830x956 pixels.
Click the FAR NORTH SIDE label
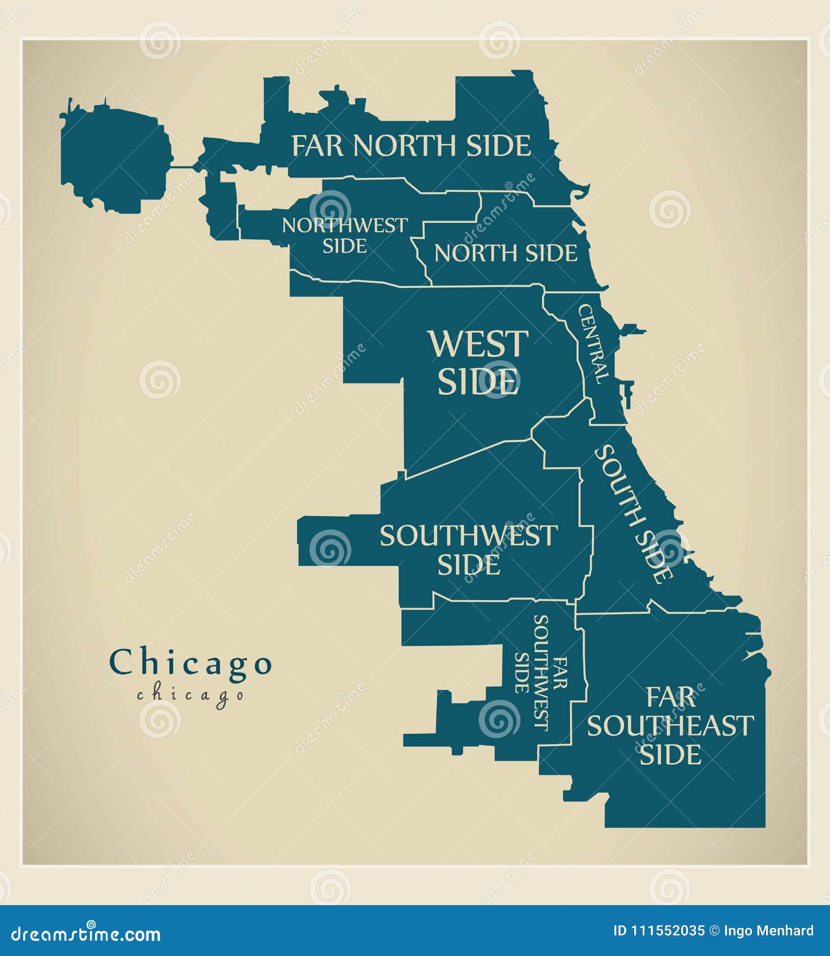(x=411, y=146)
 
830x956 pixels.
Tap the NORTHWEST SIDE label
(x=345, y=235)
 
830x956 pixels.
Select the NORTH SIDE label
(x=505, y=253)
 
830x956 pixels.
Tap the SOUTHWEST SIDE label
(x=468, y=550)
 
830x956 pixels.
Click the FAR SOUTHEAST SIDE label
(x=670, y=726)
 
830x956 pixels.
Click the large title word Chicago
(x=191, y=663)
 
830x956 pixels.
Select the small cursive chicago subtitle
(x=191, y=695)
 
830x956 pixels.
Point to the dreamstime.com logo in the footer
(x=86, y=933)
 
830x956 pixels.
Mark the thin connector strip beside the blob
(x=182, y=167)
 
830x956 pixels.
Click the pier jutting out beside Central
(x=634, y=330)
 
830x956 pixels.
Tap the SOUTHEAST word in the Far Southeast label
(x=670, y=726)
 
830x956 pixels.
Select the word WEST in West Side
(x=478, y=344)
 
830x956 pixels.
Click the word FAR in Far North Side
(x=317, y=146)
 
